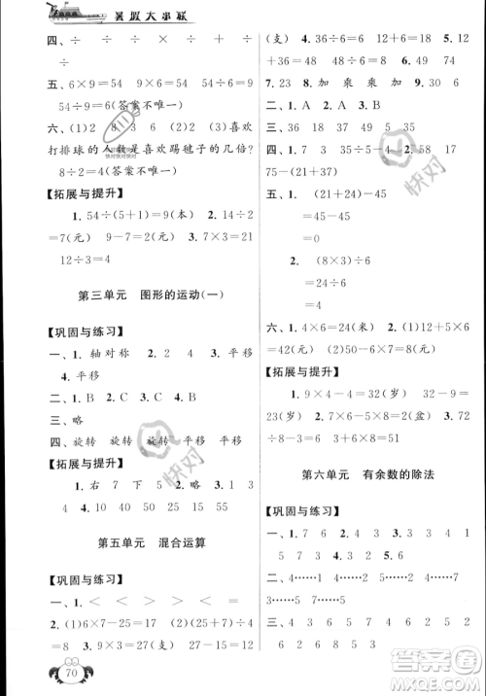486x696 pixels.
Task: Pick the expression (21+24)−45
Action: [x=338, y=191]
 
